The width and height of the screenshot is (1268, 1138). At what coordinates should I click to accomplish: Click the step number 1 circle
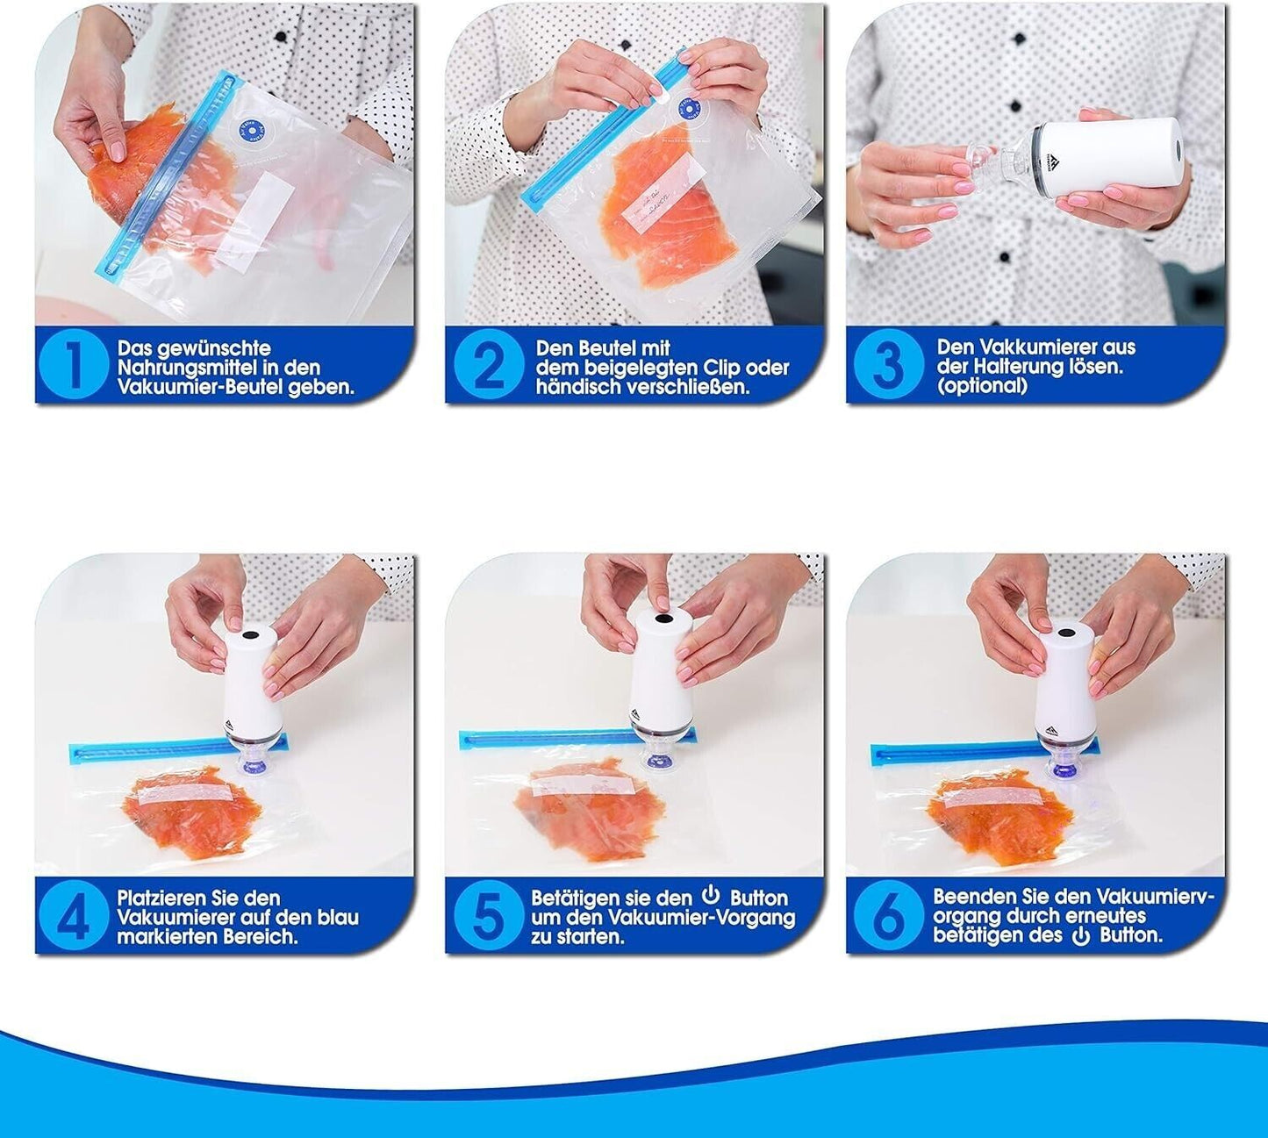coord(74,364)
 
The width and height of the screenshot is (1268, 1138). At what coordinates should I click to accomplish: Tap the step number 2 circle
coord(488,364)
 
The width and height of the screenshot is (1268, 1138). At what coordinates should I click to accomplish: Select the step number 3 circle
coord(889,364)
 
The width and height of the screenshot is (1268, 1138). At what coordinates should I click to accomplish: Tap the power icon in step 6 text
coord(1081,936)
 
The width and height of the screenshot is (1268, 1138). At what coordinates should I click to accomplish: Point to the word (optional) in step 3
coord(983,386)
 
